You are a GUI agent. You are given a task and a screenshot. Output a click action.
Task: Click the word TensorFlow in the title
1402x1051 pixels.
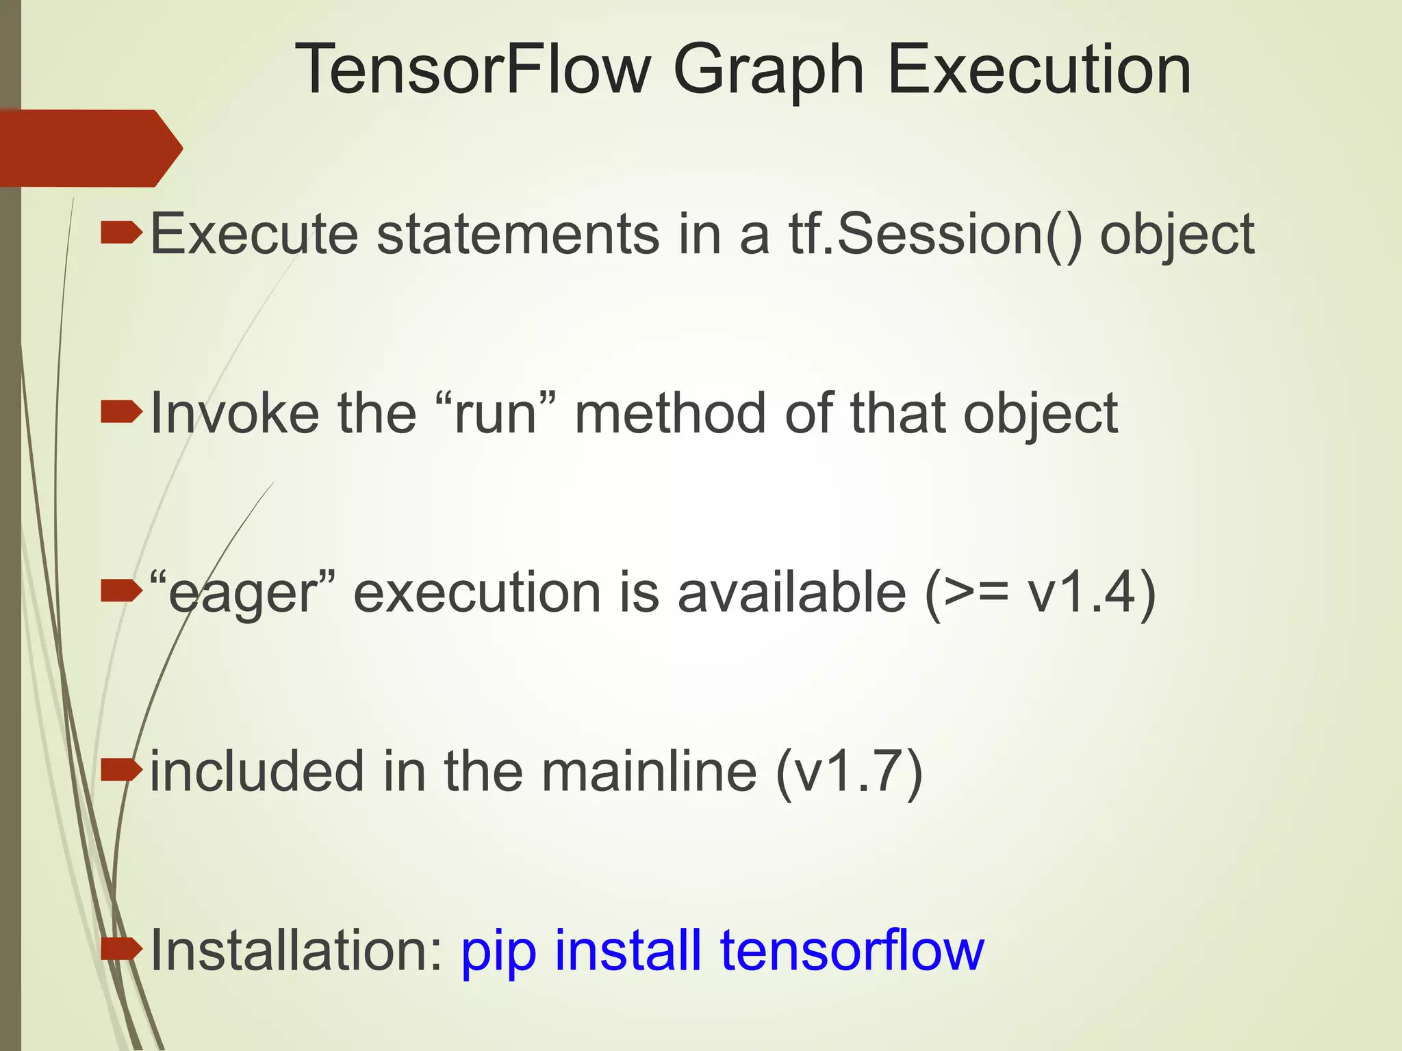pyautogui.click(x=472, y=70)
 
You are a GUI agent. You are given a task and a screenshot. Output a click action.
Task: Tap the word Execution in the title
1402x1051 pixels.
pyautogui.click(x=1038, y=70)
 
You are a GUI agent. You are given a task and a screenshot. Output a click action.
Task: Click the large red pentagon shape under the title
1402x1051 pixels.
pyautogui.click(x=89, y=148)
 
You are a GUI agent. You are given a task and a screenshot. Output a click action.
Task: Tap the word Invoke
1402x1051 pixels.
pyautogui.click(x=234, y=413)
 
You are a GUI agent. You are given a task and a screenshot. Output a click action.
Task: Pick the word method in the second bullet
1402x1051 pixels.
pyautogui.click(x=670, y=413)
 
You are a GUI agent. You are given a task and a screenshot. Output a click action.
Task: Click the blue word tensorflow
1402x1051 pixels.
pyautogui.click(x=852, y=950)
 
